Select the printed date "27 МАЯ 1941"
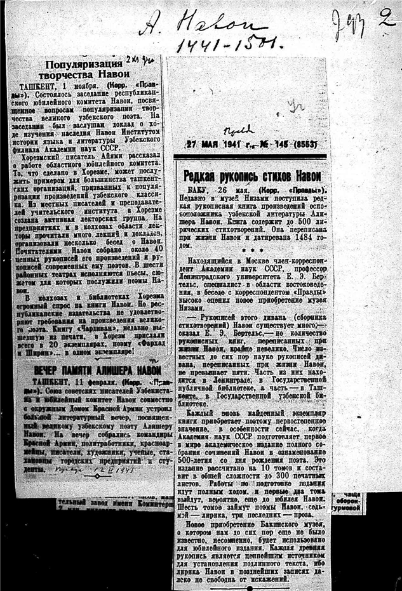point(216,144)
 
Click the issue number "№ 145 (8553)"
point(287,144)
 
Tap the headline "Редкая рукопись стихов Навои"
point(251,176)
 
